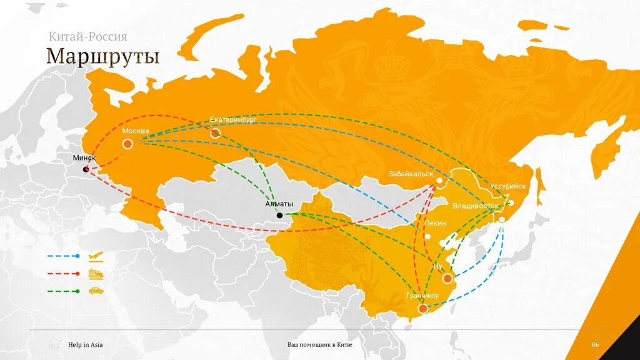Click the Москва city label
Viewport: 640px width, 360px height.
[x=136, y=131]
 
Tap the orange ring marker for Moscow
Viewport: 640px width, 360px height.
[x=127, y=144]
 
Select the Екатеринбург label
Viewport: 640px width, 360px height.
[x=233, y=119]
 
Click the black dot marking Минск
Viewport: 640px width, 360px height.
[x=86, y=169]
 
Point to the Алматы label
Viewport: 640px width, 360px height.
[x=279, y=204]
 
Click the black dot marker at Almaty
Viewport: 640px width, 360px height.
[x=279, y=215]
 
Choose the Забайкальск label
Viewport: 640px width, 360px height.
[x=411, y=174]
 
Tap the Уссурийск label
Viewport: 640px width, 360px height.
[x=508, y=186]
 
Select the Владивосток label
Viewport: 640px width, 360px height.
[x=476, y=206]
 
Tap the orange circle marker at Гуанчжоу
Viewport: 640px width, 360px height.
[x=423, y=308]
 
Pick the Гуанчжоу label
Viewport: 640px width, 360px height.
[x=422, y=295]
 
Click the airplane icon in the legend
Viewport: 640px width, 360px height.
[x=96, y=256]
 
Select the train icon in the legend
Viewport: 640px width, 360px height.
[x=96, y=274]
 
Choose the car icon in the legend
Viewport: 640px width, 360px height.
[x=96, y=291]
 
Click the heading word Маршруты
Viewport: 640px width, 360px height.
[x=102, y=56]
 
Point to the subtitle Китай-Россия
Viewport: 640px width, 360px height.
[x=87, y=37]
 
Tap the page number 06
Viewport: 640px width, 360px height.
[x=595, y=345]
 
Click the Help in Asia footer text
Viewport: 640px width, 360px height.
[x=86, y=345]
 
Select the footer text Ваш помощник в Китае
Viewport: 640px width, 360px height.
[x=319, y=345]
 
